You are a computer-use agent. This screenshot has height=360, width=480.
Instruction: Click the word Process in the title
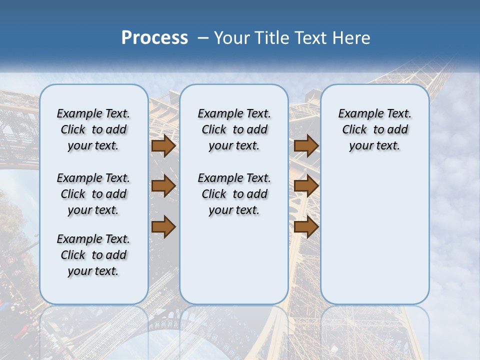(154, 37)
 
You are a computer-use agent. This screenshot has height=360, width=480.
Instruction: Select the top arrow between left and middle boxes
(163, 146)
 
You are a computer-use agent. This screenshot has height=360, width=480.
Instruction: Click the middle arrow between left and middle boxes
(163, 186)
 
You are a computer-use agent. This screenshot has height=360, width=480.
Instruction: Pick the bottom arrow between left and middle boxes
(163, 226)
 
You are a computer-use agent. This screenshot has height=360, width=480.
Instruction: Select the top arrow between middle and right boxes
(306, 146)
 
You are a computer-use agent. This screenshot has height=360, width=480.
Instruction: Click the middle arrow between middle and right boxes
(306, 186)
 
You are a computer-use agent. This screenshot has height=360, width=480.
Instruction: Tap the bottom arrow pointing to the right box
(306, 226)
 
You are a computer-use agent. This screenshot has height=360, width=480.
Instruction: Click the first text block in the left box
(93, 129)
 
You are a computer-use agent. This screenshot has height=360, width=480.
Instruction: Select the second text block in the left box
(93, 194)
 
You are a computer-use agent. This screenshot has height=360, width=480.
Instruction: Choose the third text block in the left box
(93, 255)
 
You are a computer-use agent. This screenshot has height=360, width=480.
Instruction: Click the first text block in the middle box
(234, 129)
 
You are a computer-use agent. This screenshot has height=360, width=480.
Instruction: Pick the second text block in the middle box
(234, 194)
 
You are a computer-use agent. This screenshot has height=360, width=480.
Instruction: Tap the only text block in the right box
(375, 129)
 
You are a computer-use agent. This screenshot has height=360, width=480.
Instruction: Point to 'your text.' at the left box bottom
(93, 271)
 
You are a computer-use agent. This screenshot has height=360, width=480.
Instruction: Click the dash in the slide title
(202, 38)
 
